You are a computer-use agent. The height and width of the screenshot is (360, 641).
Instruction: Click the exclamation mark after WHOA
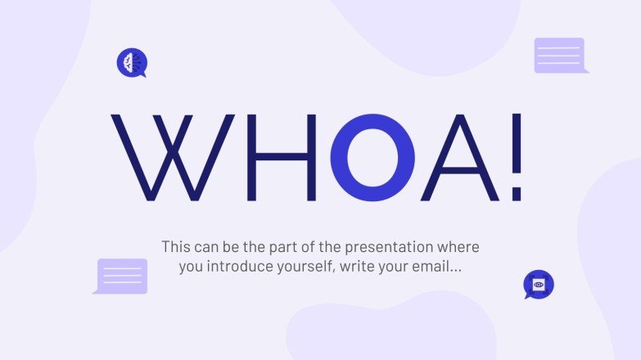516,158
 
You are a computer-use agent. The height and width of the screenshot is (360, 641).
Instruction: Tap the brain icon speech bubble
131,62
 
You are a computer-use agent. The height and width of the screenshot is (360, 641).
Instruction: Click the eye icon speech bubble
539,285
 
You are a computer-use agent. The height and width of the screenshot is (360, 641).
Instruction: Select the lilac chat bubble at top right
560,55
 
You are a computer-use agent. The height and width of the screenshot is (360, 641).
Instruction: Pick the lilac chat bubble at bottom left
121,276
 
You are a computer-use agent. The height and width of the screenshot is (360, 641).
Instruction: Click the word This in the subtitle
176,246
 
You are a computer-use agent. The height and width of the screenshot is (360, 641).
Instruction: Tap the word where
459,246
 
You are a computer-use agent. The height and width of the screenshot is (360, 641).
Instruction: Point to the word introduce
238,267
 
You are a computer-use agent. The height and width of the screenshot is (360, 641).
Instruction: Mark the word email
435,267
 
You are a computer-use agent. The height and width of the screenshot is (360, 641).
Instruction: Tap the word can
211,246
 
